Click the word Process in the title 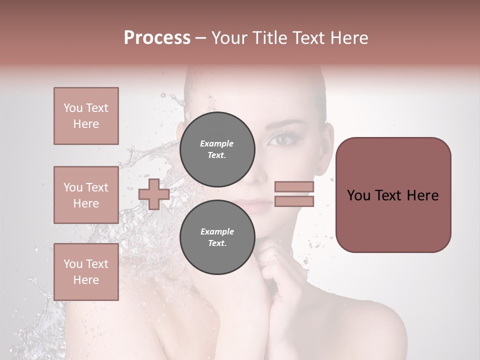point(157,38)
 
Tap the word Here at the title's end point(347,38)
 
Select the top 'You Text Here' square point(86,116)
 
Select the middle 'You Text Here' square point(86,194)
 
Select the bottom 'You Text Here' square point(86,271)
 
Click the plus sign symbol point(154,194)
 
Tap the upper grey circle point(217,149)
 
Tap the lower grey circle point(217,237)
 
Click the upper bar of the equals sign point(294,187)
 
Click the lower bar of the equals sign point(294,201)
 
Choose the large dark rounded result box point(393,194)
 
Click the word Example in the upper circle point(216,143)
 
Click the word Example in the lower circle point(217,231)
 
